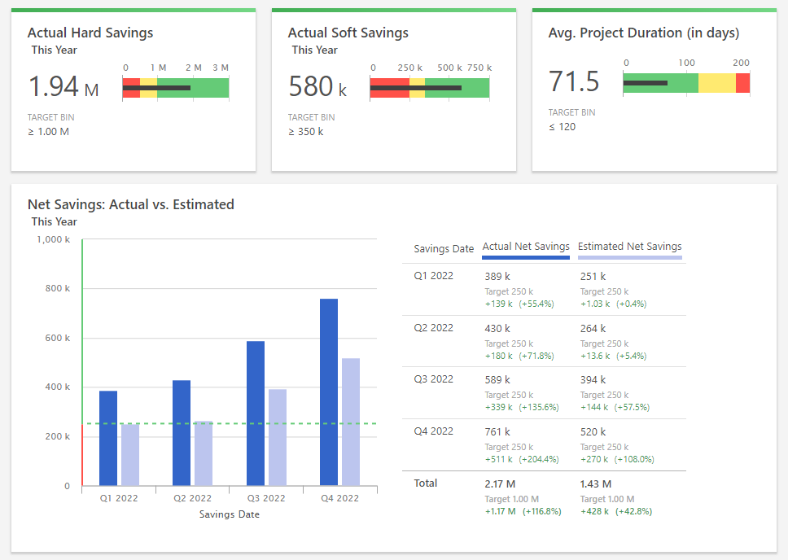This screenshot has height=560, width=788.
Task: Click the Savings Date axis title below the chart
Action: [229, 514]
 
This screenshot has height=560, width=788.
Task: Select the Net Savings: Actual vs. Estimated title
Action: [131, 205]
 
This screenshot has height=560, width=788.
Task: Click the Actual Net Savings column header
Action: [526, 247]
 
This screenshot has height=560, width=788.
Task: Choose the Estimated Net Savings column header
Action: [629, 247]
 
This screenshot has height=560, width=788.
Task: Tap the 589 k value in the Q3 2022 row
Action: [497, 380]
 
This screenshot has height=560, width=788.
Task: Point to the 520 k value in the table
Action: [593, 432]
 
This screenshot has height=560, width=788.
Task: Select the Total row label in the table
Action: [426, 483]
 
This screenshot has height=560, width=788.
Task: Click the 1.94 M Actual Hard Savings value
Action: [63, 86]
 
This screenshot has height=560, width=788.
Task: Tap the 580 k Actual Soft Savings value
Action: [317, 86]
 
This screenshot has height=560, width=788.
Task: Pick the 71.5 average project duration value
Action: [574, 82]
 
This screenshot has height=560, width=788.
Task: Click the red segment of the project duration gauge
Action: [742, 83]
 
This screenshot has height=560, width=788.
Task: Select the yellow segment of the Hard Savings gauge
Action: [148, 88]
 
